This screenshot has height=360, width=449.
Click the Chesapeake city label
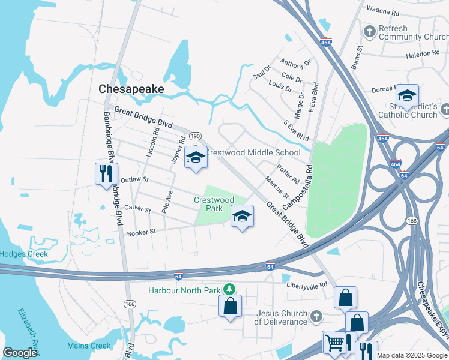pos(131,89)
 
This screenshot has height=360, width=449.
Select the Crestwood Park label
pos(214,204)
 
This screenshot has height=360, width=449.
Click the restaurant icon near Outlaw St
pos(106,173)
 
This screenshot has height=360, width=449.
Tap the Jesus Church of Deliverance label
pos(282,317)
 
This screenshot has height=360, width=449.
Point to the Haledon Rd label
pos(423,54)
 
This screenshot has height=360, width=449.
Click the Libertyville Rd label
pos(307,284)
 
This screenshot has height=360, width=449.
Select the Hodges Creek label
pos(23,254)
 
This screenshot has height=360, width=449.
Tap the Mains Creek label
pos(89,346)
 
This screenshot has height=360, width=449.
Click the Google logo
pos(20,353)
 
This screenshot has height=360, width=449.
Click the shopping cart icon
pos(334,343)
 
